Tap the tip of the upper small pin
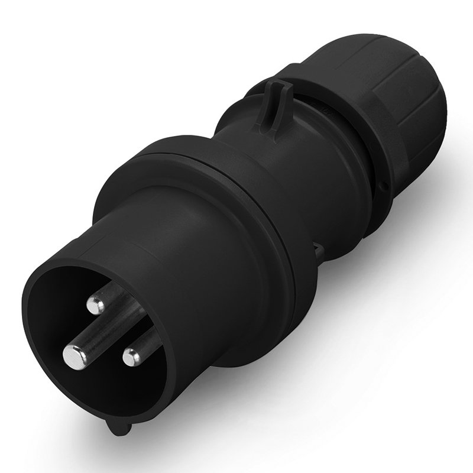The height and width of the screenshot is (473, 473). pyautogui.click(x=93, y=305)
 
